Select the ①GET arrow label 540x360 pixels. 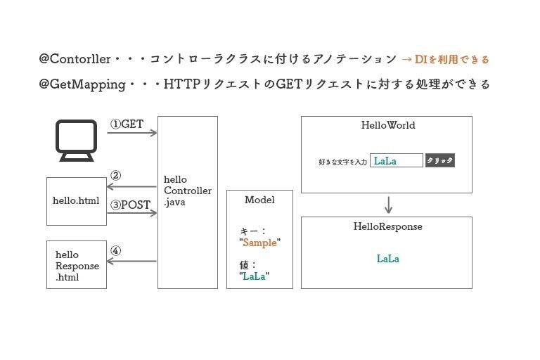coord(127,124)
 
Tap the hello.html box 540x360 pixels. coord(77,200)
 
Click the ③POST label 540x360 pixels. coord(130,205)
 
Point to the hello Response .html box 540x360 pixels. coord(77,265)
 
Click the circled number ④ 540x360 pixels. coord(116,250)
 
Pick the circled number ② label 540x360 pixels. coord(116,175)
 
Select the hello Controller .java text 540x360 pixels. coord(187,190)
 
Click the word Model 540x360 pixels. coord(259,200)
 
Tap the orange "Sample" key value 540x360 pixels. coord(259,243)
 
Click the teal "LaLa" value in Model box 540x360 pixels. coord(256,276)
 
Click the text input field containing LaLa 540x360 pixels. coord(396,161)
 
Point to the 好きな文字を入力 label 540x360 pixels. coord(343,162)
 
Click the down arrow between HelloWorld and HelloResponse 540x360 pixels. coord(388,205)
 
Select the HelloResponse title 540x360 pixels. coord(387,227)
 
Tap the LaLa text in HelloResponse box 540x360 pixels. coord(387,259)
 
